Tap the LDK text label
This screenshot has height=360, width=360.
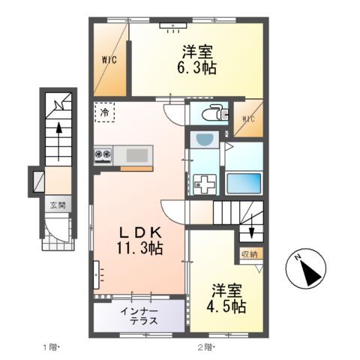[x=139, y=230]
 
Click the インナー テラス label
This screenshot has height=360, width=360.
[x=139, y=315]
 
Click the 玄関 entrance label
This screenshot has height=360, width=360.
[x=58, y=204]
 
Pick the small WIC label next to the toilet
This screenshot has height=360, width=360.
[x=248, y=118]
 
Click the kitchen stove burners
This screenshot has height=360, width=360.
[x=103, y=155]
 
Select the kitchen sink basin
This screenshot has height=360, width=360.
[x=137, y=155]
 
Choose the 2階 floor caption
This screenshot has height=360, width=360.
[x=205, y=347]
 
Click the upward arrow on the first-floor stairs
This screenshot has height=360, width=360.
[x=56, y=135]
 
